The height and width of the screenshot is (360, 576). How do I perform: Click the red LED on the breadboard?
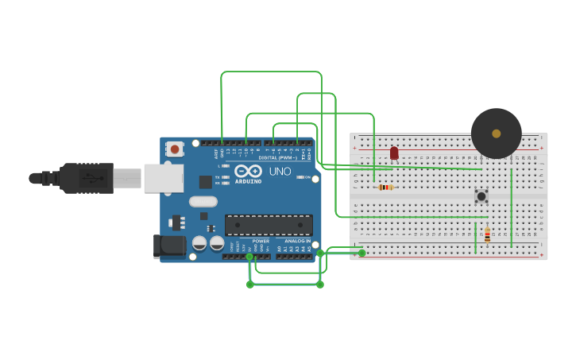tap(394, 152)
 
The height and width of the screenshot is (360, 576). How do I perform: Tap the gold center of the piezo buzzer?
tap(497, 134)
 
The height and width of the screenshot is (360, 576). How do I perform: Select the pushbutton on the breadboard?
tap(481, 195)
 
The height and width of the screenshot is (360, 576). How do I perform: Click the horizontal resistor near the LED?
tap(385, 188)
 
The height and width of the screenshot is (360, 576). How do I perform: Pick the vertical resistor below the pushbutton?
tap(487, 234)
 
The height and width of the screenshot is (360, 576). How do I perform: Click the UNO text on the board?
tap(280, 172)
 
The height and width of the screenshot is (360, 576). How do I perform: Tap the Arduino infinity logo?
tap(248, 171)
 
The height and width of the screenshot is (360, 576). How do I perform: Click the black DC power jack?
tap(169, 246)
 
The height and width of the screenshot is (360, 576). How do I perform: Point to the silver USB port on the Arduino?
tap(163, 178)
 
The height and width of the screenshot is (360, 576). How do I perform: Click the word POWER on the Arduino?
tap(261, 241)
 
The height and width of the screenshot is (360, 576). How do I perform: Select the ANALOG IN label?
tap(298, 241)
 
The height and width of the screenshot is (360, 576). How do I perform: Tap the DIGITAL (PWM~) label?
tap(278, 157)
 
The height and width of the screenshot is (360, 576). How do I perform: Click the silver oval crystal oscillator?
tap(203, 202)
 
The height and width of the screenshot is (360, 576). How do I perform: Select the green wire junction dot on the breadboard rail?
tap(361, 253)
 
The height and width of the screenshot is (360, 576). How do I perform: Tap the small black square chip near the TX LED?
tap(206, 181)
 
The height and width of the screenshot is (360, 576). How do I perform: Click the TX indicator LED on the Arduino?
tap(226, 177)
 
